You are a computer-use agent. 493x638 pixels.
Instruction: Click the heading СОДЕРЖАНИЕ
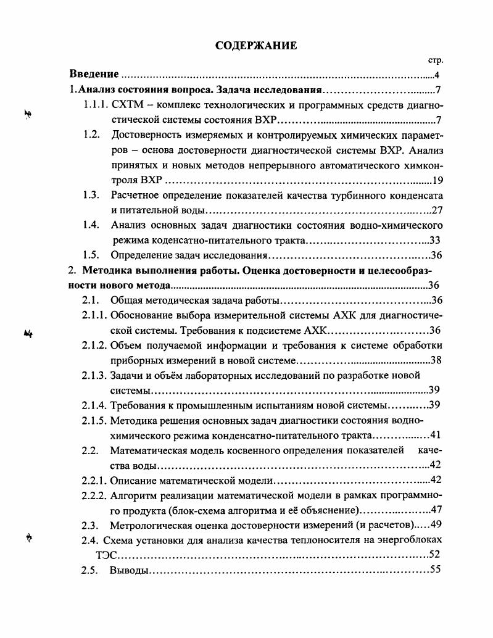click(247, 46)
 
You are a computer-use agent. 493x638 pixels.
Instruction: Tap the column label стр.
click(436, 61)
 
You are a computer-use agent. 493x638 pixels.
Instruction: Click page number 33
click(434, 240)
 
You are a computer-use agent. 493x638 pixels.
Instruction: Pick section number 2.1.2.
click(94, 345)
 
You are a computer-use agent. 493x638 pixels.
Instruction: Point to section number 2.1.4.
click(94, 405)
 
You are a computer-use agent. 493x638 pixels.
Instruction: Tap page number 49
click(436, 524)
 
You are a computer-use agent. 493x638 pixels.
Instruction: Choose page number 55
click(434, 569)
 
